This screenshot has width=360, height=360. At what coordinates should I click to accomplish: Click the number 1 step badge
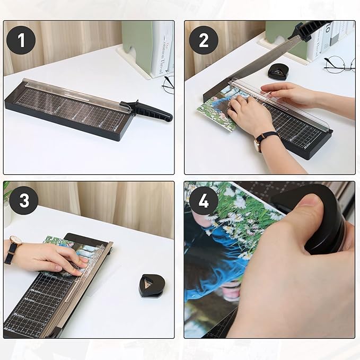[21, 40]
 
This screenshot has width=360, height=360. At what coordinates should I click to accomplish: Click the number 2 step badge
[204, 40]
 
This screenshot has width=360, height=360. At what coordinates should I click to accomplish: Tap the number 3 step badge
[21, 200]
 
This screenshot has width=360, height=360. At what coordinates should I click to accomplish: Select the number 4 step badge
[204, 201]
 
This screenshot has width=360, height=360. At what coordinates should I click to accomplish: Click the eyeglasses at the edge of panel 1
[168, 84]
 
